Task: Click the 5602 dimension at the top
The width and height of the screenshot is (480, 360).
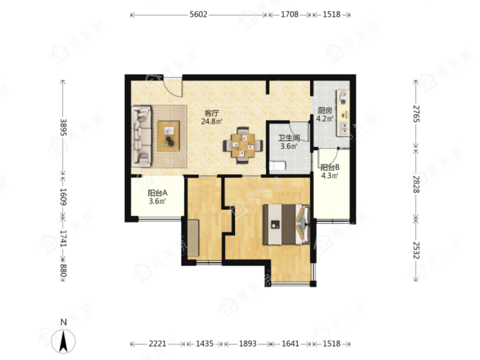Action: pos(198,14)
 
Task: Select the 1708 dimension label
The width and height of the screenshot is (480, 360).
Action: pos(289,14)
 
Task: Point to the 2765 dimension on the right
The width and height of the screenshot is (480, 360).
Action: pos(416,114)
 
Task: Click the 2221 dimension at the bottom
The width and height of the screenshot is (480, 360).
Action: pos(157,344)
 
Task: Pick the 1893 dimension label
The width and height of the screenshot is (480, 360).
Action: pos(248,344)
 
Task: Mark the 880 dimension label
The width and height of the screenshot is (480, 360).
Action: pos(63,270)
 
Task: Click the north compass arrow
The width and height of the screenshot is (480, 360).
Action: pos(64,342)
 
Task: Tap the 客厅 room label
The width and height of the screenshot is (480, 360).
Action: pos(211,113)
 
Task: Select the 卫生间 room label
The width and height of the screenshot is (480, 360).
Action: pos(289,138)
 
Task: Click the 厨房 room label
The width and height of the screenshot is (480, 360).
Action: pos(325,110)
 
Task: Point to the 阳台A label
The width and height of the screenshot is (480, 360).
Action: pos(157,193)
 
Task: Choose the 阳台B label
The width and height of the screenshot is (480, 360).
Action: pos(330,167)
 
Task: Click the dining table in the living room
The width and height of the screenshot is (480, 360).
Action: pos(243,145)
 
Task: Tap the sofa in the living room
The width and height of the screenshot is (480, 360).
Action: pos(141,136)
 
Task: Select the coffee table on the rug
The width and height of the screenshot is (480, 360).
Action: pos(169,136)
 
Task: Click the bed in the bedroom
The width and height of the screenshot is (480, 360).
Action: pos(287,224)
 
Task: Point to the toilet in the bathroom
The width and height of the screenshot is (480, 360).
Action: pos(277,166)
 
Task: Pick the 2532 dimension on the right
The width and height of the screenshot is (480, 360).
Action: pos(416,250)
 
